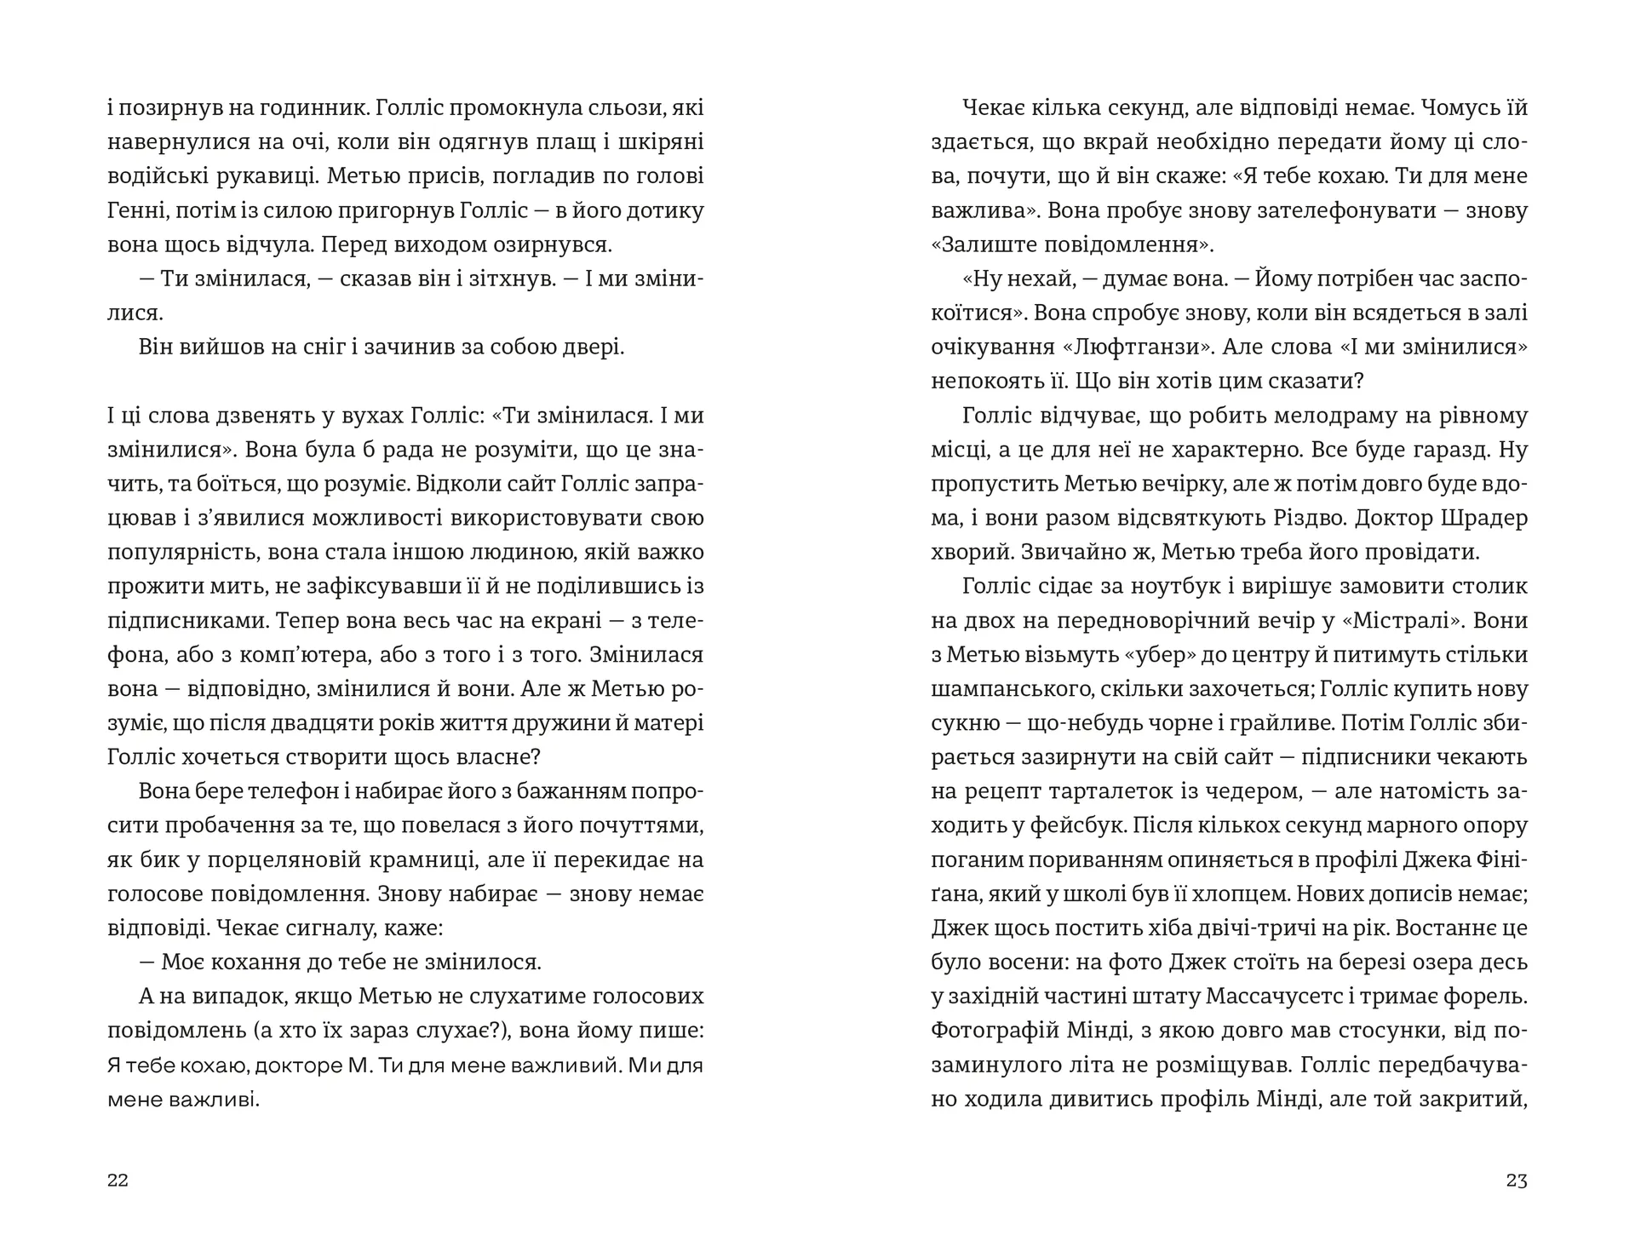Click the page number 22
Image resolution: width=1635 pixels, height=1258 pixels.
pyautogui.click(x=118, y=1180)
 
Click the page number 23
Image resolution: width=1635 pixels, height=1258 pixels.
pyautogui.click(x=1517, y=1180)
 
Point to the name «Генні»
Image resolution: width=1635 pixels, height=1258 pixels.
pyautogui.click(x=139, y=210)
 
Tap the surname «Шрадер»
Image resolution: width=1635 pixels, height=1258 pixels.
pyautogui.click(x=1485, y=518)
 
